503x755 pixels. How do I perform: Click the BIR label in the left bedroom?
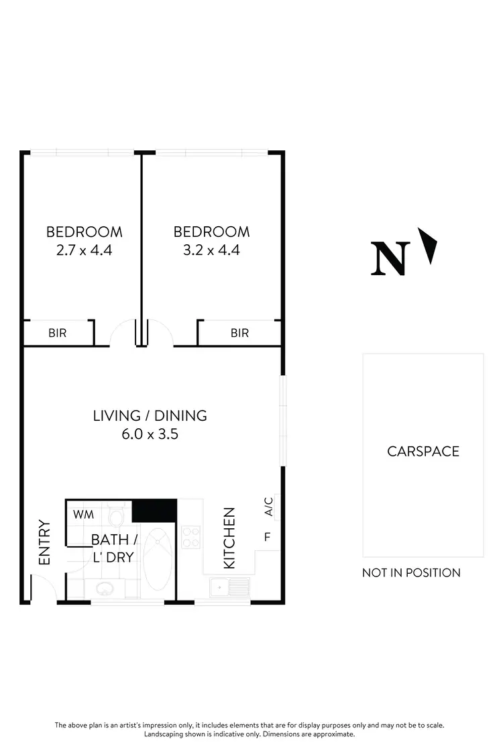[58, 333]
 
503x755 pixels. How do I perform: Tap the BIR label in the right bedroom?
[239, 333]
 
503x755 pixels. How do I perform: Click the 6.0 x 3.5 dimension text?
[150, 434]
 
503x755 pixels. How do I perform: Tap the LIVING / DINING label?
[150, 415]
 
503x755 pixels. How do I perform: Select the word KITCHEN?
[229, 538]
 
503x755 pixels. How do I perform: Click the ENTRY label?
[45, 542]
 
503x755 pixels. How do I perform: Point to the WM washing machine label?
[83, 515]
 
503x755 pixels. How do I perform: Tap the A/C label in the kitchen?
[268, 507]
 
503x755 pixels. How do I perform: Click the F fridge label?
[268, 537]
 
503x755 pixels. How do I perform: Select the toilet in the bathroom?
[117, 517]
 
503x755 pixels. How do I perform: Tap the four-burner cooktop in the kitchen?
[190, 537]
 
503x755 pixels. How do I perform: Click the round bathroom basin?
[104, 589]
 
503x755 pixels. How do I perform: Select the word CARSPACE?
[423, 451]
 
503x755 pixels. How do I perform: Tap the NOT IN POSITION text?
[411, 572]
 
